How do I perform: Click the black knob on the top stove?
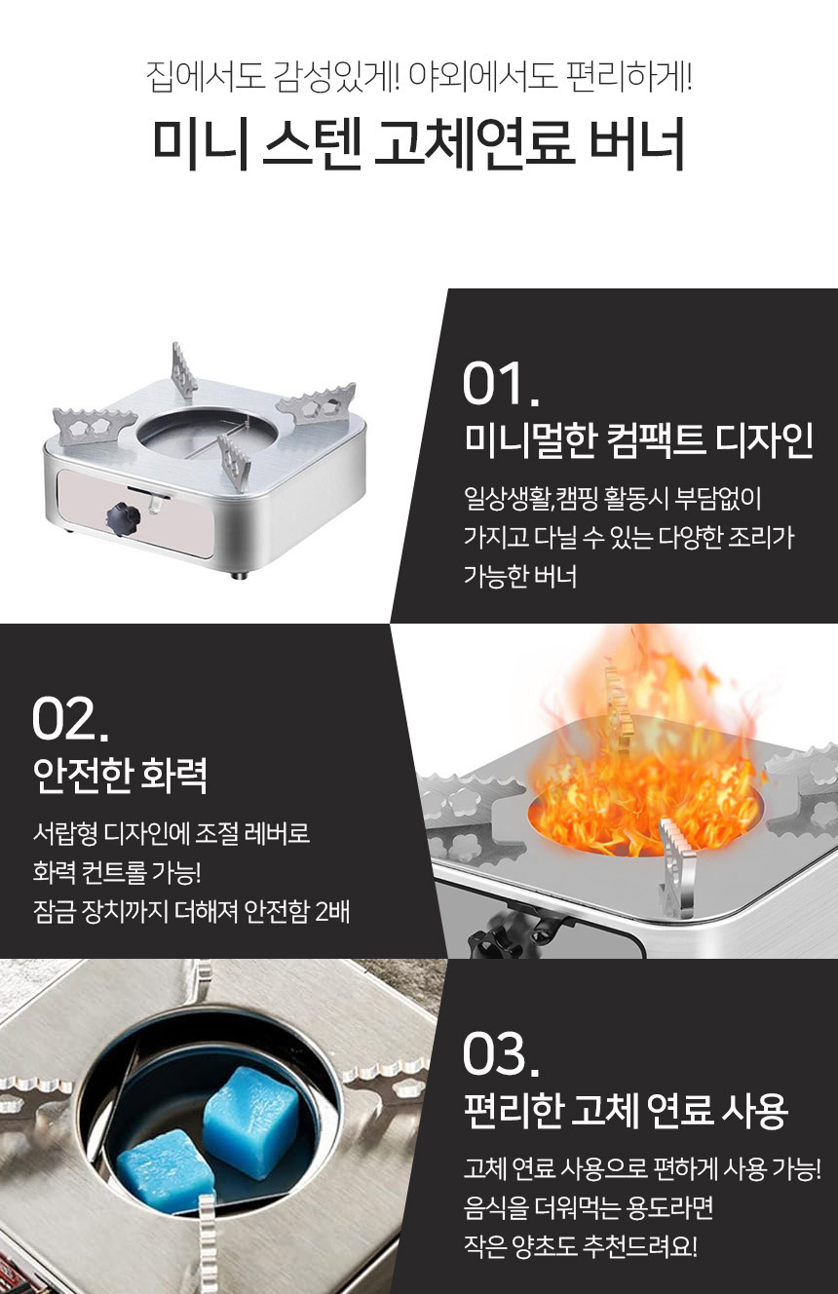123,515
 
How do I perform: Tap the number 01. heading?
501,384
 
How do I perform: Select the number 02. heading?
70,719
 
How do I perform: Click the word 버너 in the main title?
637,143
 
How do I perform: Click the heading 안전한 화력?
120,776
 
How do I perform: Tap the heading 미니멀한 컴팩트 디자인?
639,440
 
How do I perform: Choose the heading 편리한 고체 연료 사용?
626,1111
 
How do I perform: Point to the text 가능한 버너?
520,577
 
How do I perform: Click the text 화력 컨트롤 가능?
117,872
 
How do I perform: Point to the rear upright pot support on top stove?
183,369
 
